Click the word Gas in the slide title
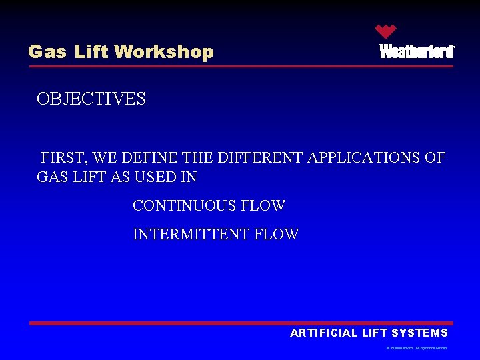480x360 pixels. (47, 52)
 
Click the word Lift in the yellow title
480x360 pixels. (91, 52)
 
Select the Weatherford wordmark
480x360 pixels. (417, 52)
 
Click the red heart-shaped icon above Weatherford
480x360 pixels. (385, 31)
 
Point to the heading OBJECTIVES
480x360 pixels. (91, 99)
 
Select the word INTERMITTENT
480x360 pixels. (192, 235)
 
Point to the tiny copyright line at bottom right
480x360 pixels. (417, 348)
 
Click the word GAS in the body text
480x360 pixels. (53, 177)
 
